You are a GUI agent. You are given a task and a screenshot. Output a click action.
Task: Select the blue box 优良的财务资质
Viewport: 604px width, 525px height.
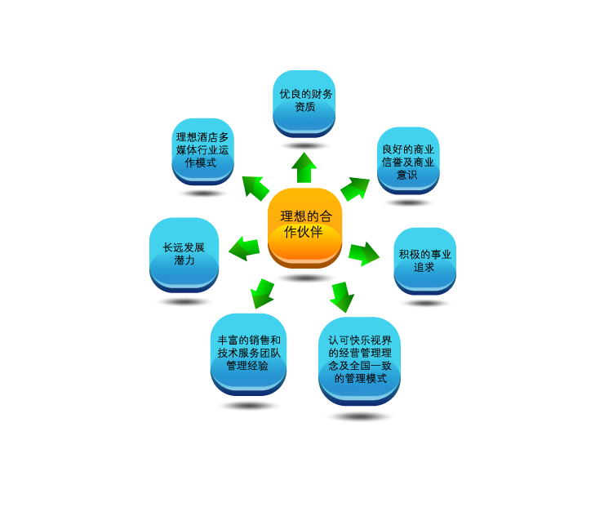click(304, 103)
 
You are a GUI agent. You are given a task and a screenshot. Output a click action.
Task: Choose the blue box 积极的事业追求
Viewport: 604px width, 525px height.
click(424, 260)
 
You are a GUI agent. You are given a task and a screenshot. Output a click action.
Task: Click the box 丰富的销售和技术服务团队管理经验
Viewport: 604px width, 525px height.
click(248, 353)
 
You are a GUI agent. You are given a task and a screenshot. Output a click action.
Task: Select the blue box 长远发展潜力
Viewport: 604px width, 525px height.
click(184, 253)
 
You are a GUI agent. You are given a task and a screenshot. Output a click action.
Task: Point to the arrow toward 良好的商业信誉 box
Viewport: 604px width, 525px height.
click(354, 189)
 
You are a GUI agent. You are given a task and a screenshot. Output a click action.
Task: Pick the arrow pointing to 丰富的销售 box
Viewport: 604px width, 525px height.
click(261, 292)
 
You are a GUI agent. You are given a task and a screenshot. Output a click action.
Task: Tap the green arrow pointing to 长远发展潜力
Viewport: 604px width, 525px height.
click(243, 247)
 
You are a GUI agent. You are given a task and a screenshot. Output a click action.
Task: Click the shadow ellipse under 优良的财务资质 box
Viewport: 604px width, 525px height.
click(304, 145)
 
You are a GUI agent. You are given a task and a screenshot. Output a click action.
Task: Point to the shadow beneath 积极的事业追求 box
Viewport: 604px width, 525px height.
click(425, 302)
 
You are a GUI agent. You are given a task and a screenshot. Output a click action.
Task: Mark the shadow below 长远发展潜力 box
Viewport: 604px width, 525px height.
click(184, 301)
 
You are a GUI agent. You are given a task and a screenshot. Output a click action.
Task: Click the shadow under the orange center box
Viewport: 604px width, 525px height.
click(305, 278)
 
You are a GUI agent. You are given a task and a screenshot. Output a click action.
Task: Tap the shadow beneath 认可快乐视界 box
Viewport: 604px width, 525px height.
click(360, 416)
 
